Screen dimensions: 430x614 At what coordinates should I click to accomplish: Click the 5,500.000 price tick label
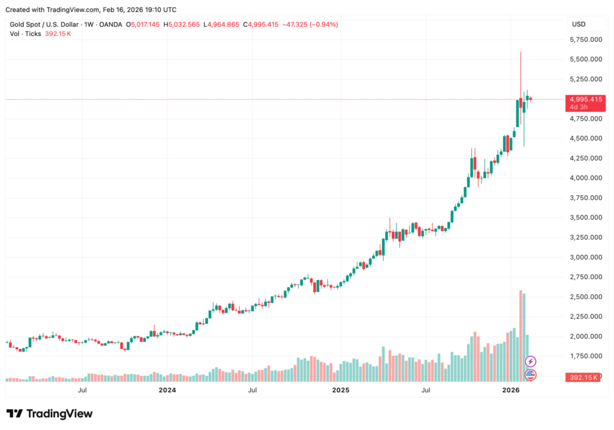tap(585, 59)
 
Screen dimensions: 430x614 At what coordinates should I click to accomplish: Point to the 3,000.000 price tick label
tap(585, 257)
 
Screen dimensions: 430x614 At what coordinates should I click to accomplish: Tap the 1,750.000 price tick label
tap(585, 356)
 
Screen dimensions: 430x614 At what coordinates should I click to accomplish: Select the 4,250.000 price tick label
tap(585, 158)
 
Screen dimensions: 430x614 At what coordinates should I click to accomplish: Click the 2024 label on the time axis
tap(167, 390)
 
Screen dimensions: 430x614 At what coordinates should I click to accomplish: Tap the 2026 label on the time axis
tap(510, 390)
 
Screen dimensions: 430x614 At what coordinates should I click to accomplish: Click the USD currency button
tap(579, 24)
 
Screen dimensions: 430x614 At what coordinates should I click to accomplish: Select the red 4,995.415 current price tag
tap(585, 99)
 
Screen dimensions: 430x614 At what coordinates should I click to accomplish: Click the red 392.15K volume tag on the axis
tap(582, 377)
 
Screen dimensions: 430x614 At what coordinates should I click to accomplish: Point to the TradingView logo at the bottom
tap(49, 414)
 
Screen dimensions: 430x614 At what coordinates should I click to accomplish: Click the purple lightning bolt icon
tap(531, 361)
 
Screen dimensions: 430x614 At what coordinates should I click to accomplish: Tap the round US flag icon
tap(531, 375)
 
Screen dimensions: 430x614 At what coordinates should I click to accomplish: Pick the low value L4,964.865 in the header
tap(222, 25)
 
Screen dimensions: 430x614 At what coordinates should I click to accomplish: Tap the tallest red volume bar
tap(520, 336)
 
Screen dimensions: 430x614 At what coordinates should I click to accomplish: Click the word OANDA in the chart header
tap(110, 25)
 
